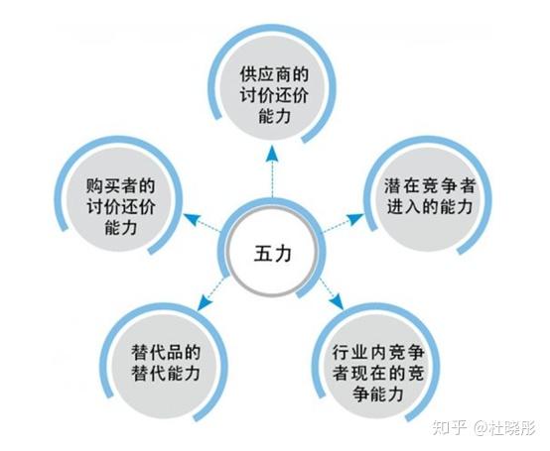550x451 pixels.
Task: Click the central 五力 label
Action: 273,253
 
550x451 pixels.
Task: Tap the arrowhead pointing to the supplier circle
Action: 272,155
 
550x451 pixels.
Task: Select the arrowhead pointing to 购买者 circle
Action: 192,219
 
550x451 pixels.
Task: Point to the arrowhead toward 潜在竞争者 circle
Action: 355,218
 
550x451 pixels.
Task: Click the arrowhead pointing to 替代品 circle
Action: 205,303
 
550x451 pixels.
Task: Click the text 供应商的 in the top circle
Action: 274,74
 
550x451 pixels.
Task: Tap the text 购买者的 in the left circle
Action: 120,185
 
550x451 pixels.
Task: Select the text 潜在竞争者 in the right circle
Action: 429,185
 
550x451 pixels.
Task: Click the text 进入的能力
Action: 429,206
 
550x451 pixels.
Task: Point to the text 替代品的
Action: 166,352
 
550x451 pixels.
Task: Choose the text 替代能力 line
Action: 166,373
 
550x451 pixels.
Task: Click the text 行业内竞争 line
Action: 378,352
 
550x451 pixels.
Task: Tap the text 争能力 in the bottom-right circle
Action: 378,395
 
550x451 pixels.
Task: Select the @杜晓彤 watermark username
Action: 505,428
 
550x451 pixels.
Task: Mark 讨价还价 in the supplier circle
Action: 274,94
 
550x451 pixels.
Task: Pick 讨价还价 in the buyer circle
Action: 120,206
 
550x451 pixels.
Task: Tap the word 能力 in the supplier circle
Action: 274,115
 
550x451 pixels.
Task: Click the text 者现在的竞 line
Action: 378,374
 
